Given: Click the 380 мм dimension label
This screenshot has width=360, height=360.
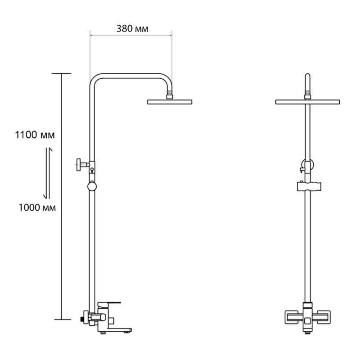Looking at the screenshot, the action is (x=132, y=29).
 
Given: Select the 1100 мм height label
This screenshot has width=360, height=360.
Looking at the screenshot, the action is (x=35, y=135).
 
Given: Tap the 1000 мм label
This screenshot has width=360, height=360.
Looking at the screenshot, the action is (x=37, y=208).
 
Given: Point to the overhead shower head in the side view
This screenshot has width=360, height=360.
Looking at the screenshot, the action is (x=170, y=102).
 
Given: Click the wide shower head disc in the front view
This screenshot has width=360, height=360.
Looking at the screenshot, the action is (x=307, y=102).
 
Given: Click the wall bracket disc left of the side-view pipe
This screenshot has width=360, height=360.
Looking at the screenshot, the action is (x=79, y=164).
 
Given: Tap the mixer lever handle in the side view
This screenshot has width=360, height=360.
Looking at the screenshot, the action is (x=108, y=305).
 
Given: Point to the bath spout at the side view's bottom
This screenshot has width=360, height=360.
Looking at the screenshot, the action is (x=117, y=331).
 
